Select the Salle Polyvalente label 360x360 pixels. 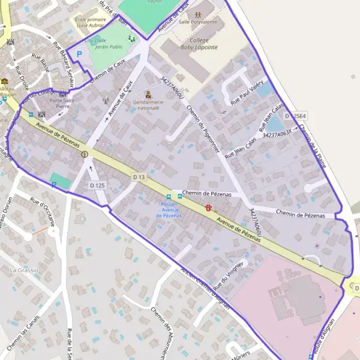tap(197, 21)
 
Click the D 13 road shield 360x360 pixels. tap(139, 176)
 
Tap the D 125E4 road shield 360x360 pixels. tap(295, 115)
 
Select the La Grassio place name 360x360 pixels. tap(23, 271)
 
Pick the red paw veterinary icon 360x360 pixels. tap(208, 208)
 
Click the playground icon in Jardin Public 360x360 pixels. tap(131, 38)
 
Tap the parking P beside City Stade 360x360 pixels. tap(79, 54)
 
